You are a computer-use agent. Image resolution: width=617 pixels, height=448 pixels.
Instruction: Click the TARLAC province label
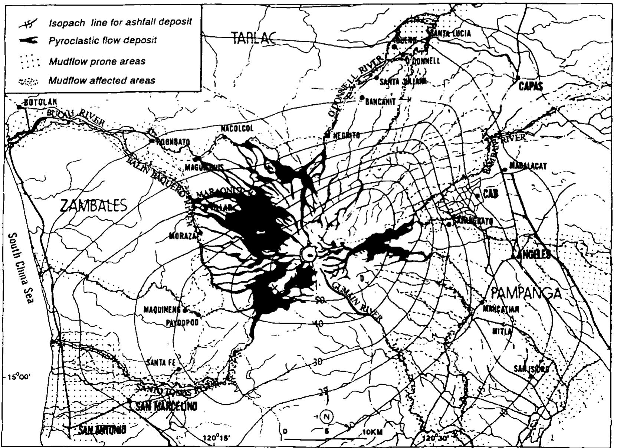click(x=255, y=38)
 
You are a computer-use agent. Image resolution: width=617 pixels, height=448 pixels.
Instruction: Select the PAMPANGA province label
click(x=525, y=293)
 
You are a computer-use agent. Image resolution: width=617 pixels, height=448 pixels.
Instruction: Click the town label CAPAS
click(x=531, y=86)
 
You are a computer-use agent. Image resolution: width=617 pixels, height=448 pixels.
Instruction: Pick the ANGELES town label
click(x=531, y=254)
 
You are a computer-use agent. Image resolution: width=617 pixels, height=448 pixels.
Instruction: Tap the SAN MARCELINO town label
click(x=166, y=406)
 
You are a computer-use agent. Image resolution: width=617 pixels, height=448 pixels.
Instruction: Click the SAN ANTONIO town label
click(x=102, y=430)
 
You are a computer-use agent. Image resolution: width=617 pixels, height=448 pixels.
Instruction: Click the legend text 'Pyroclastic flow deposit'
click(x=103, y=40)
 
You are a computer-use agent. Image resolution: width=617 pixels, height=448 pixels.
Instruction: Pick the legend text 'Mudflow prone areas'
click(x=97, y=61)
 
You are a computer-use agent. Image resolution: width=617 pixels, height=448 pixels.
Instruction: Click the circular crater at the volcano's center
click(x=308, y=254)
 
